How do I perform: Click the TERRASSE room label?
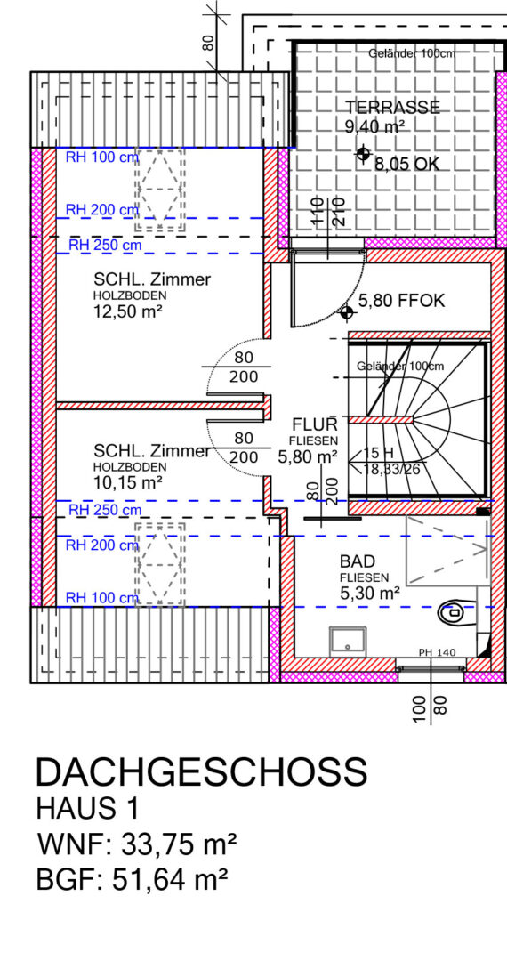[x=392, y=108]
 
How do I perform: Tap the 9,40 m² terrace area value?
[x=375, y=127]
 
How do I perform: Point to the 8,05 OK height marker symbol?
[x=363, y=154]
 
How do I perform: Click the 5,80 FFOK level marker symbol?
[x=348, y=313]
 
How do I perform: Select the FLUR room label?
[x=315, y=424]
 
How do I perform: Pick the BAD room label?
[x=358, y=562]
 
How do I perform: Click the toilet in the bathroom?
[x=457, y=611]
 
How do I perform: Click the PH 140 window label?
[x=437, y=652]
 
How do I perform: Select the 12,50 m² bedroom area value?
[x=127, y=312]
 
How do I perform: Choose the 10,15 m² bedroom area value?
[x=127, y=482]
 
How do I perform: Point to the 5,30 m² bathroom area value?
[x=370, y=593]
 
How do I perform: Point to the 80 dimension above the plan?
[x=209, y=43]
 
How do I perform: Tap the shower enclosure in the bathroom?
[x=447, y=551]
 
